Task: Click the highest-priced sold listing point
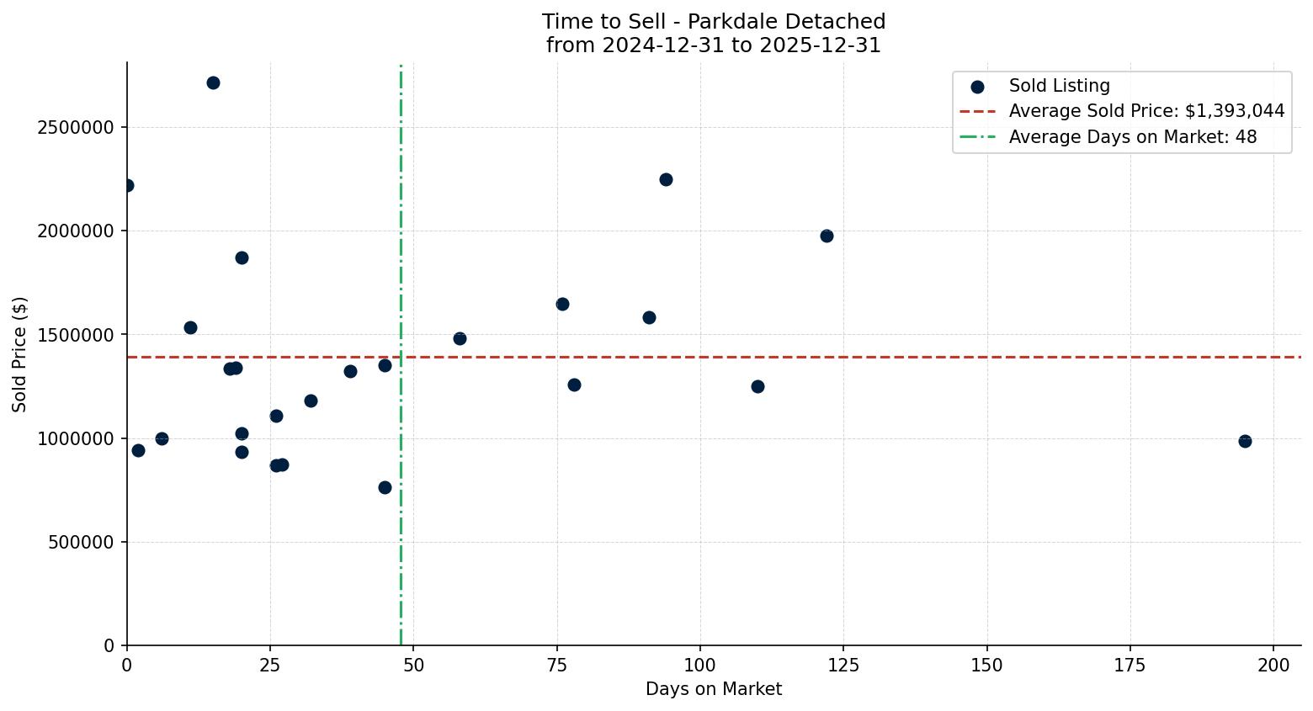click(x=213, y=82)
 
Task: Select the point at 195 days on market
click(x=1245, y=441)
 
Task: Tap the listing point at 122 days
click(x=827, y=236)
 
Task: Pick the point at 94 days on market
click(x=666, y=179)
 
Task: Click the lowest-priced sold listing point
click(x=385, y=487)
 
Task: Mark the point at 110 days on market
click(x=757, y=386)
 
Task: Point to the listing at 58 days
click(x=460, y=338)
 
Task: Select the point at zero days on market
click(x=127, y=185)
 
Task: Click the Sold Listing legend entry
click(x=1059, y=86)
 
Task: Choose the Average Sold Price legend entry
click(x=1146, y=111)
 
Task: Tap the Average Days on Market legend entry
click(x=1132, y=137)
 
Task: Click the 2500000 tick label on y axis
click(x=76, y=128)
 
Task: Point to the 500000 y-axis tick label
click(x=81, y=543)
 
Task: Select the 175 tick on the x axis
click(x=1130, y=666)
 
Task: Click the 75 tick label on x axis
click(x=557, y=666)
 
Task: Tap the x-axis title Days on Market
click(x=714, y=689)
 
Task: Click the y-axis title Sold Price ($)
click(x=20, y=354)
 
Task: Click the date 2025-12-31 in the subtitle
click(x=820, y=45)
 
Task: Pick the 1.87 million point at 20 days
click(x=242, y=257)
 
